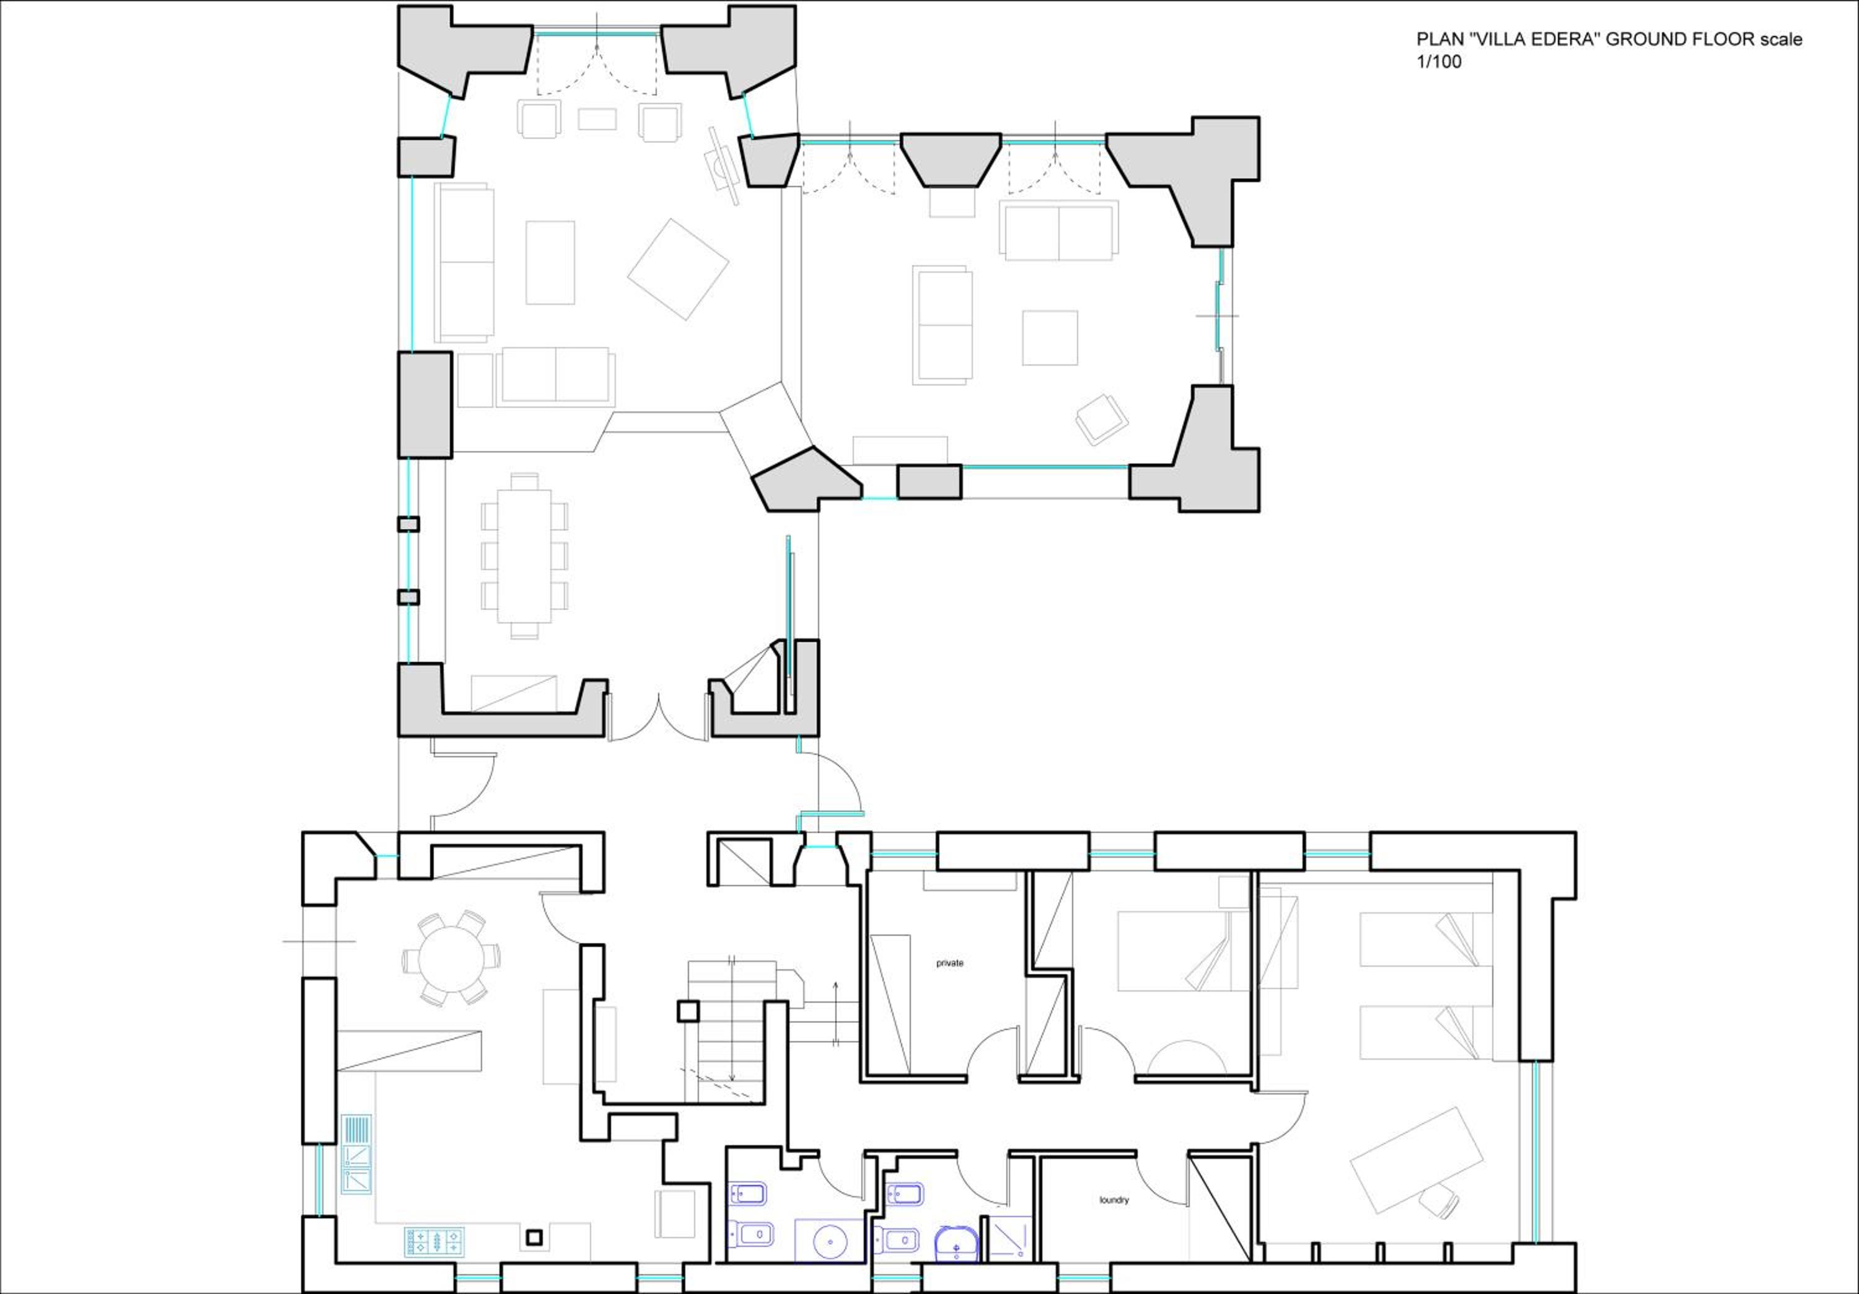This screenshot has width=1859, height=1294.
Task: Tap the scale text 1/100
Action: point(1439,63)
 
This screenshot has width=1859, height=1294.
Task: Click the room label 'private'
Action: point(950,963)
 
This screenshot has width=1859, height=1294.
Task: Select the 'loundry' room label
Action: point(1114,1199)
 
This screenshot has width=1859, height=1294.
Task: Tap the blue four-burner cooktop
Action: point(435,1241)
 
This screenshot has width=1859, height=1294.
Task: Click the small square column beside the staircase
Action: point(687,1011)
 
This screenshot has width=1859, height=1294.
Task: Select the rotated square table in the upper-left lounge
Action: point(679,269)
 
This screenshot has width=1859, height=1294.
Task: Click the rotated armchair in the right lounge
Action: point(1101,420)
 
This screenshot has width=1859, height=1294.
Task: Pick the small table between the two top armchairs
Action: point(597,119)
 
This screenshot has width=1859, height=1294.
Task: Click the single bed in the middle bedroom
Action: point(1183,951)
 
